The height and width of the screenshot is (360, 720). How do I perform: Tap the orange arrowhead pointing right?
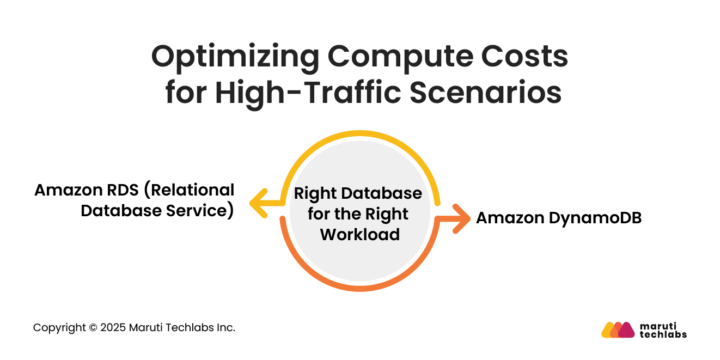pyautogui.click(x=461, y=219)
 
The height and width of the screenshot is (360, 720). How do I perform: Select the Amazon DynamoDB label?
pyautogui.click(x=558, y=218)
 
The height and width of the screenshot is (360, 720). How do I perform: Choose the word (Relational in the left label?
pyautogui.click(x=191, y=190)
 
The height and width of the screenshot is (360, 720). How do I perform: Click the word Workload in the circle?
pyautogui.click(x=359, y=234)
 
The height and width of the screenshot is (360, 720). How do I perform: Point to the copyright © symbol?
pyautogui.click(x=93, y=328)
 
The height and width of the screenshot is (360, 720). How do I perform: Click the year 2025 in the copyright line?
pyautogui.click(x=114, y=328)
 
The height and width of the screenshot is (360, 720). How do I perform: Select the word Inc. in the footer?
pyautogui.click(x=226, y=328)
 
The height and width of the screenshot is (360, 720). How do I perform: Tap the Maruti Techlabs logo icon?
pyautogui.click(x=618, y=330)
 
